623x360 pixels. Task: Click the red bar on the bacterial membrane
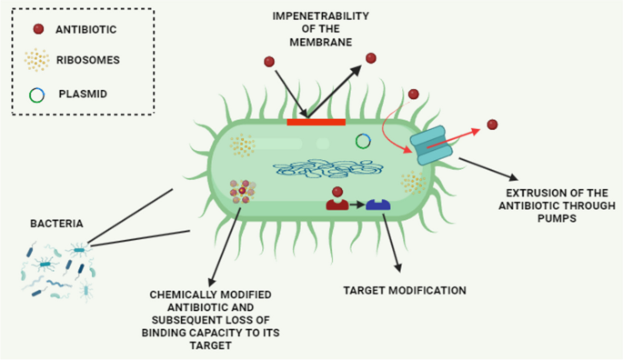pos(316,121)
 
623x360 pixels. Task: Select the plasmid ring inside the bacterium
pos(363,140)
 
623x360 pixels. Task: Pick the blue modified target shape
pos(377,205)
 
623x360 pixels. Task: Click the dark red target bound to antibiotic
pos(337,205)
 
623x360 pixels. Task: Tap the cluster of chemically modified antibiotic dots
pos(243,193)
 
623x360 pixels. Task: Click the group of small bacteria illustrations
pos(58,269)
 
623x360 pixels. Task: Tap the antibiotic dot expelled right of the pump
pos(492,125)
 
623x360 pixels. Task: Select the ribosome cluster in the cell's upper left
pos(242,145)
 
